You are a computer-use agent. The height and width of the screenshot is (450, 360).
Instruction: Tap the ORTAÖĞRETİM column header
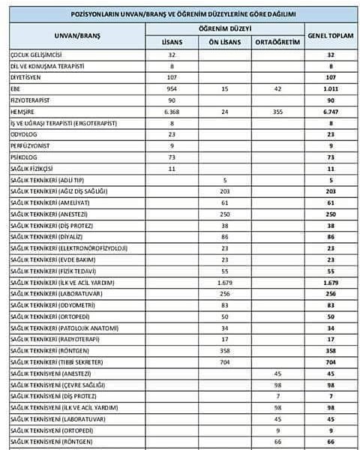(277, 42)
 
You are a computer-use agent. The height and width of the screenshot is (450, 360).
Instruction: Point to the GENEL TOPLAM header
(329, 35)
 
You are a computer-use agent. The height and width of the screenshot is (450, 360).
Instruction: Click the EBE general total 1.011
(329, 87)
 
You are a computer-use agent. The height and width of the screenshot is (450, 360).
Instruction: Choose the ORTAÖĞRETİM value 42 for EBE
(277, 87)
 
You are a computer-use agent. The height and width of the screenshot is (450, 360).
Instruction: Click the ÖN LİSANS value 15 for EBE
(226, 87)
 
